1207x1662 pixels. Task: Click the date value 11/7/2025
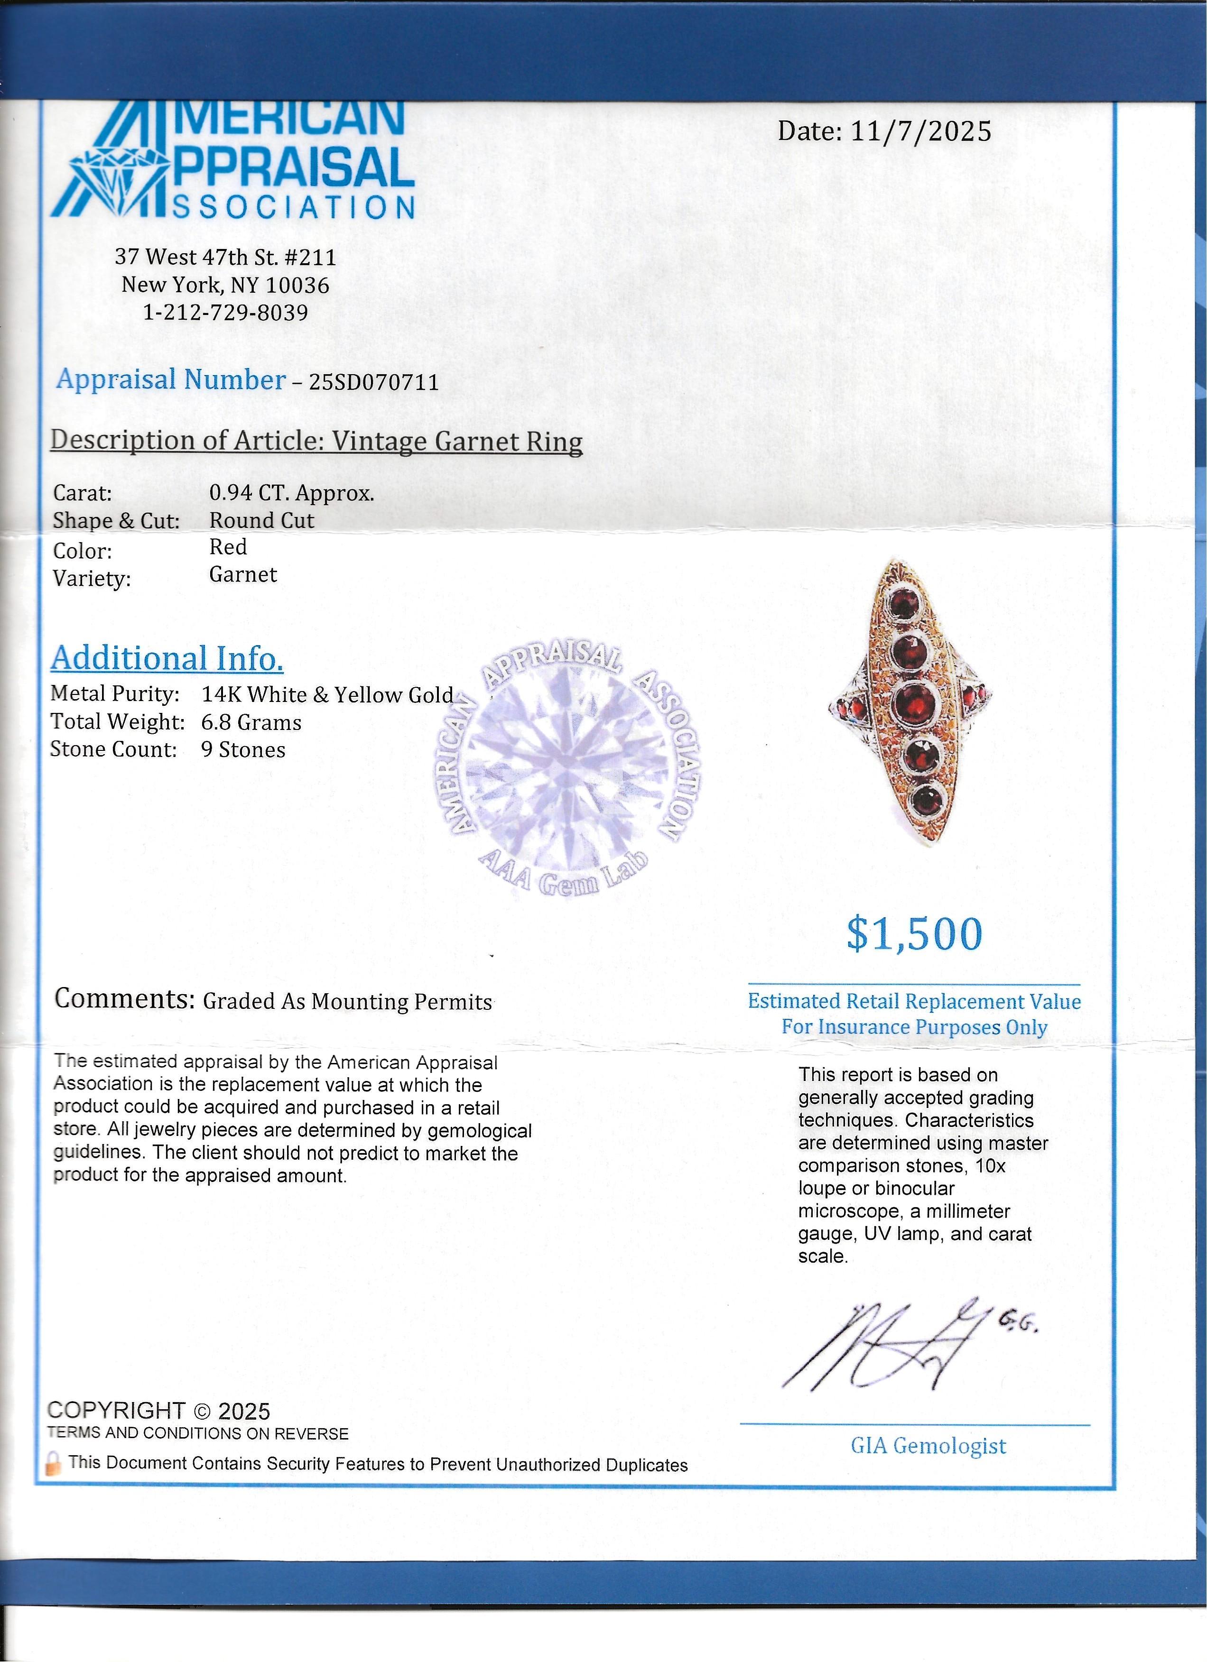click(920, 132)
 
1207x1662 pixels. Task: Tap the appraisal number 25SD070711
click(374, 382)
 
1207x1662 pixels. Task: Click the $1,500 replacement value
click(914, 934)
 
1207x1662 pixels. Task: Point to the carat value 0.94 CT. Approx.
click(292, 493)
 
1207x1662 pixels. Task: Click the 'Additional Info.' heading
click(167, 658)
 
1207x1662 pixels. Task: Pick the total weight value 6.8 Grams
click(251, 722)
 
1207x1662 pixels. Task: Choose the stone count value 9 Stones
click(243, 750)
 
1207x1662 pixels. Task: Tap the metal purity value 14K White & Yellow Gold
click(327, 695)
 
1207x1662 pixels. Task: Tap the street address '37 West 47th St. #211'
click(226, 257)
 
